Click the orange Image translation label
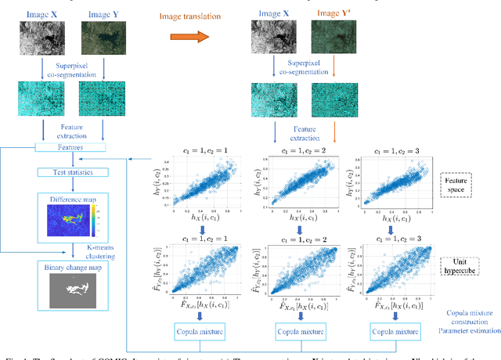tap(193, 15)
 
